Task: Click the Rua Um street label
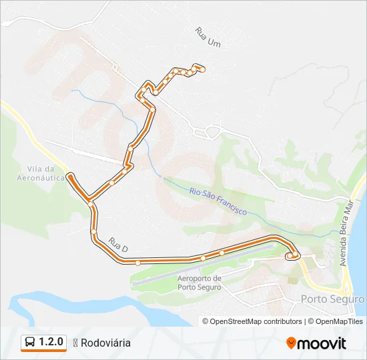coord(208,37)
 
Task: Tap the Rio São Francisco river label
coord(218,201)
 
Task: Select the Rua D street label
coord(117,246)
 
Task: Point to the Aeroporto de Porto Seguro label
coord(200,283)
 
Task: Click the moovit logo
coord(316,343)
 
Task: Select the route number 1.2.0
coord(51,342)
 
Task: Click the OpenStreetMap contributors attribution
coord(256,321)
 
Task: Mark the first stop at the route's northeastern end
coord(201,68)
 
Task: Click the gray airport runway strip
coord(200,267)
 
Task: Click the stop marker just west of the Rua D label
coord(94,231)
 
